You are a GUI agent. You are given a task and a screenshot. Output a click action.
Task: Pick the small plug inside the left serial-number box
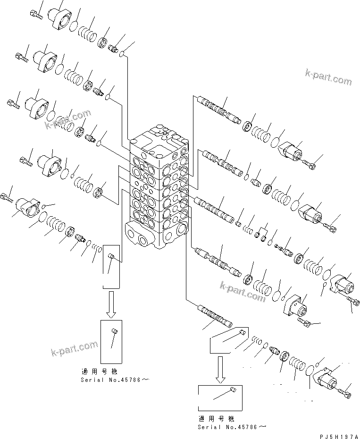tap(114, 331)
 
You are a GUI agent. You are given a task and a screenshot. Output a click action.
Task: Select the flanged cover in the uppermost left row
tap(61, 18)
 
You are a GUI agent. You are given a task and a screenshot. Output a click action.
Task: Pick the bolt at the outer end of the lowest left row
tap(8, 196)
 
